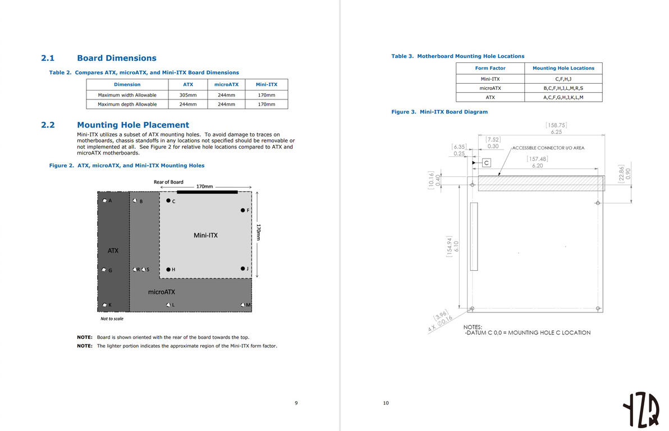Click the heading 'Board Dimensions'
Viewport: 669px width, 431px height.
click(116, 58)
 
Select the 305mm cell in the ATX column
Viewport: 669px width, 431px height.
click(187, 95)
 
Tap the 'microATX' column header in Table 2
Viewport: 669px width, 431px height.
click(226, 84)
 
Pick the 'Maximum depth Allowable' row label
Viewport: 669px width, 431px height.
click(127, 104)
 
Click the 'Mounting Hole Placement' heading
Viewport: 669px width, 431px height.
click(132, 125)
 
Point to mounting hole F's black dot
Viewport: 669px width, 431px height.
click(242, 210)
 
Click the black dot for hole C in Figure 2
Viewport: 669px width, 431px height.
click(168, 200)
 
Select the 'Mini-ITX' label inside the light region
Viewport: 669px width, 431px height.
click(205, 235)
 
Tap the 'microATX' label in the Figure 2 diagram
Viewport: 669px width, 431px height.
click(162, 292)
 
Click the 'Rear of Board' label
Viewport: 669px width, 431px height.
click(168, 182)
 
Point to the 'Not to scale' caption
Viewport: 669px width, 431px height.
click(112, 319)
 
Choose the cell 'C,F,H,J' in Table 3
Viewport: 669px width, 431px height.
click(563, 79)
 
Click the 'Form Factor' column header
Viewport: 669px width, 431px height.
click(490, 68)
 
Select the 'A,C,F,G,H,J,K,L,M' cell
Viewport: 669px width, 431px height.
click(563, 97)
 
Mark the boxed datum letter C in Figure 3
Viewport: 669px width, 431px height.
click(487, 162)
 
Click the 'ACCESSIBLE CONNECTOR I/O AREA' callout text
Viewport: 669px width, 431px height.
click(548, 148)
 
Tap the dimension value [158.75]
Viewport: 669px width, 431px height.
click(556, 125)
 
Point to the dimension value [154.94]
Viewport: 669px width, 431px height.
click(448, 246)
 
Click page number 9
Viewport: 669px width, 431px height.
click(296, 402)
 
